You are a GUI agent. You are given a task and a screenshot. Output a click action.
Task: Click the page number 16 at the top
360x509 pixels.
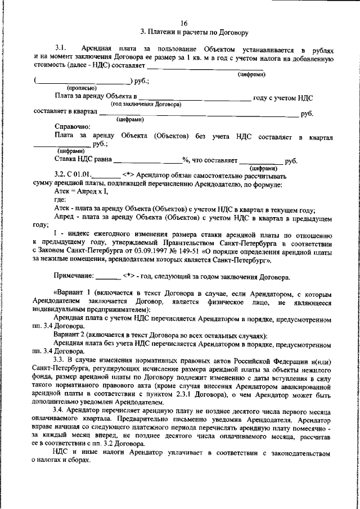[184, 23]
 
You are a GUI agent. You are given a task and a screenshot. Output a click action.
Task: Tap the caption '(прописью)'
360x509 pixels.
[82, 88]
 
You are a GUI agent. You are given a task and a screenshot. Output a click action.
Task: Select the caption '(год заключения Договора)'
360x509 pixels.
[146, 105]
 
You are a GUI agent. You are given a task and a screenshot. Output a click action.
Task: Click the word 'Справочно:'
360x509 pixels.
[72, 127]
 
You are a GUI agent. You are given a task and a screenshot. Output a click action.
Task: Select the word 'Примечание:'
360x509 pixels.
[74, 277]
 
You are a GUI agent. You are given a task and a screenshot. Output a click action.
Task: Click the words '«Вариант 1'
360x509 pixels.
[73, 292]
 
